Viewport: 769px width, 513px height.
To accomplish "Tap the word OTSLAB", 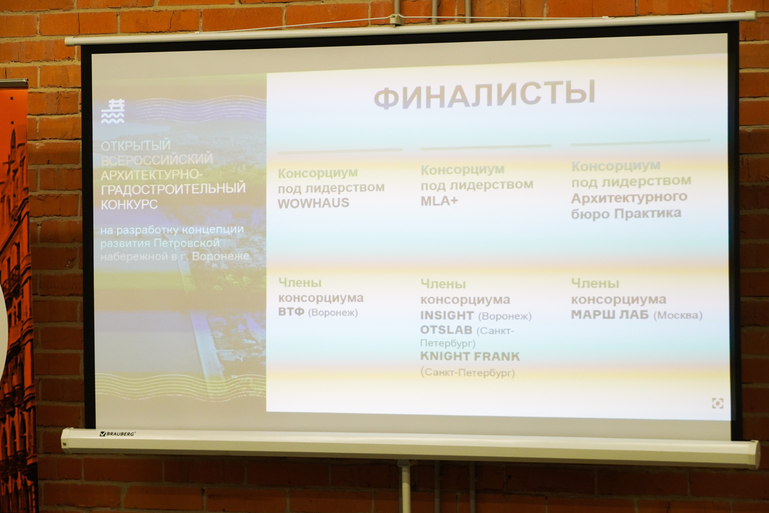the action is (x=446, y=330).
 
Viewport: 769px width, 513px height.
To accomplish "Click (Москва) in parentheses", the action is (x=678, y=315).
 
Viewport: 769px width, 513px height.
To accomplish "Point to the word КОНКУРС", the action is (x=129, y=204).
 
